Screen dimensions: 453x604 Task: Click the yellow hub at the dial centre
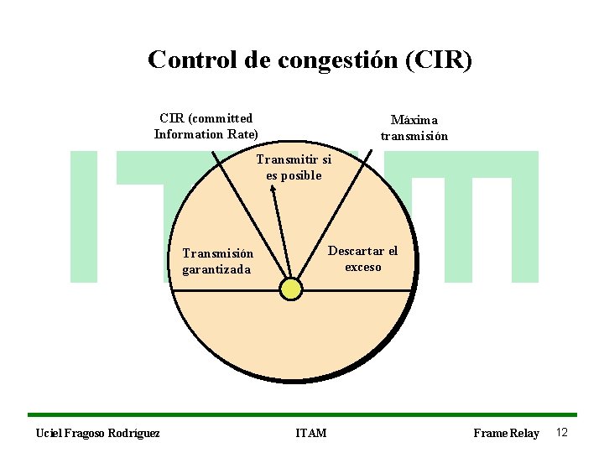[290, 289]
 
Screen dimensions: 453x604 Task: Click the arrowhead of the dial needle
[273, 190]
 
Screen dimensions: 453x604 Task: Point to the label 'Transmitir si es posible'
[294, 167]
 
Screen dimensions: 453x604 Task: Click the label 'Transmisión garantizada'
[217, 261]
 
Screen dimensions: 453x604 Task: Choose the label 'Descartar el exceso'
[362, 258]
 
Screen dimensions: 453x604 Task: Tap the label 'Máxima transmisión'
[414, 128]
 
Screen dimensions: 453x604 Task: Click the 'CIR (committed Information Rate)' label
[206, 126]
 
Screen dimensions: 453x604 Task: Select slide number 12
[562, 432]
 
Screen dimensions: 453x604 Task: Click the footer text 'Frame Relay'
[506, 433]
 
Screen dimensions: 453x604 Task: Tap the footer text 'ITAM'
[311, 433]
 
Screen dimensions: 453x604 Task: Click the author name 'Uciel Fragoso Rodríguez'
[98, 433]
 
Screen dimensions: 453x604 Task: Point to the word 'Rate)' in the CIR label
[242, 134]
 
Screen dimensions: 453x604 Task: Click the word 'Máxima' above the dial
[414, 120]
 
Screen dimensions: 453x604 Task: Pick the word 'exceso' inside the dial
[362, 267]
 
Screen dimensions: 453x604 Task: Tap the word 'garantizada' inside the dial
[216, 269]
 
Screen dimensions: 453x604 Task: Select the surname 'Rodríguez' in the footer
[134, 433]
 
